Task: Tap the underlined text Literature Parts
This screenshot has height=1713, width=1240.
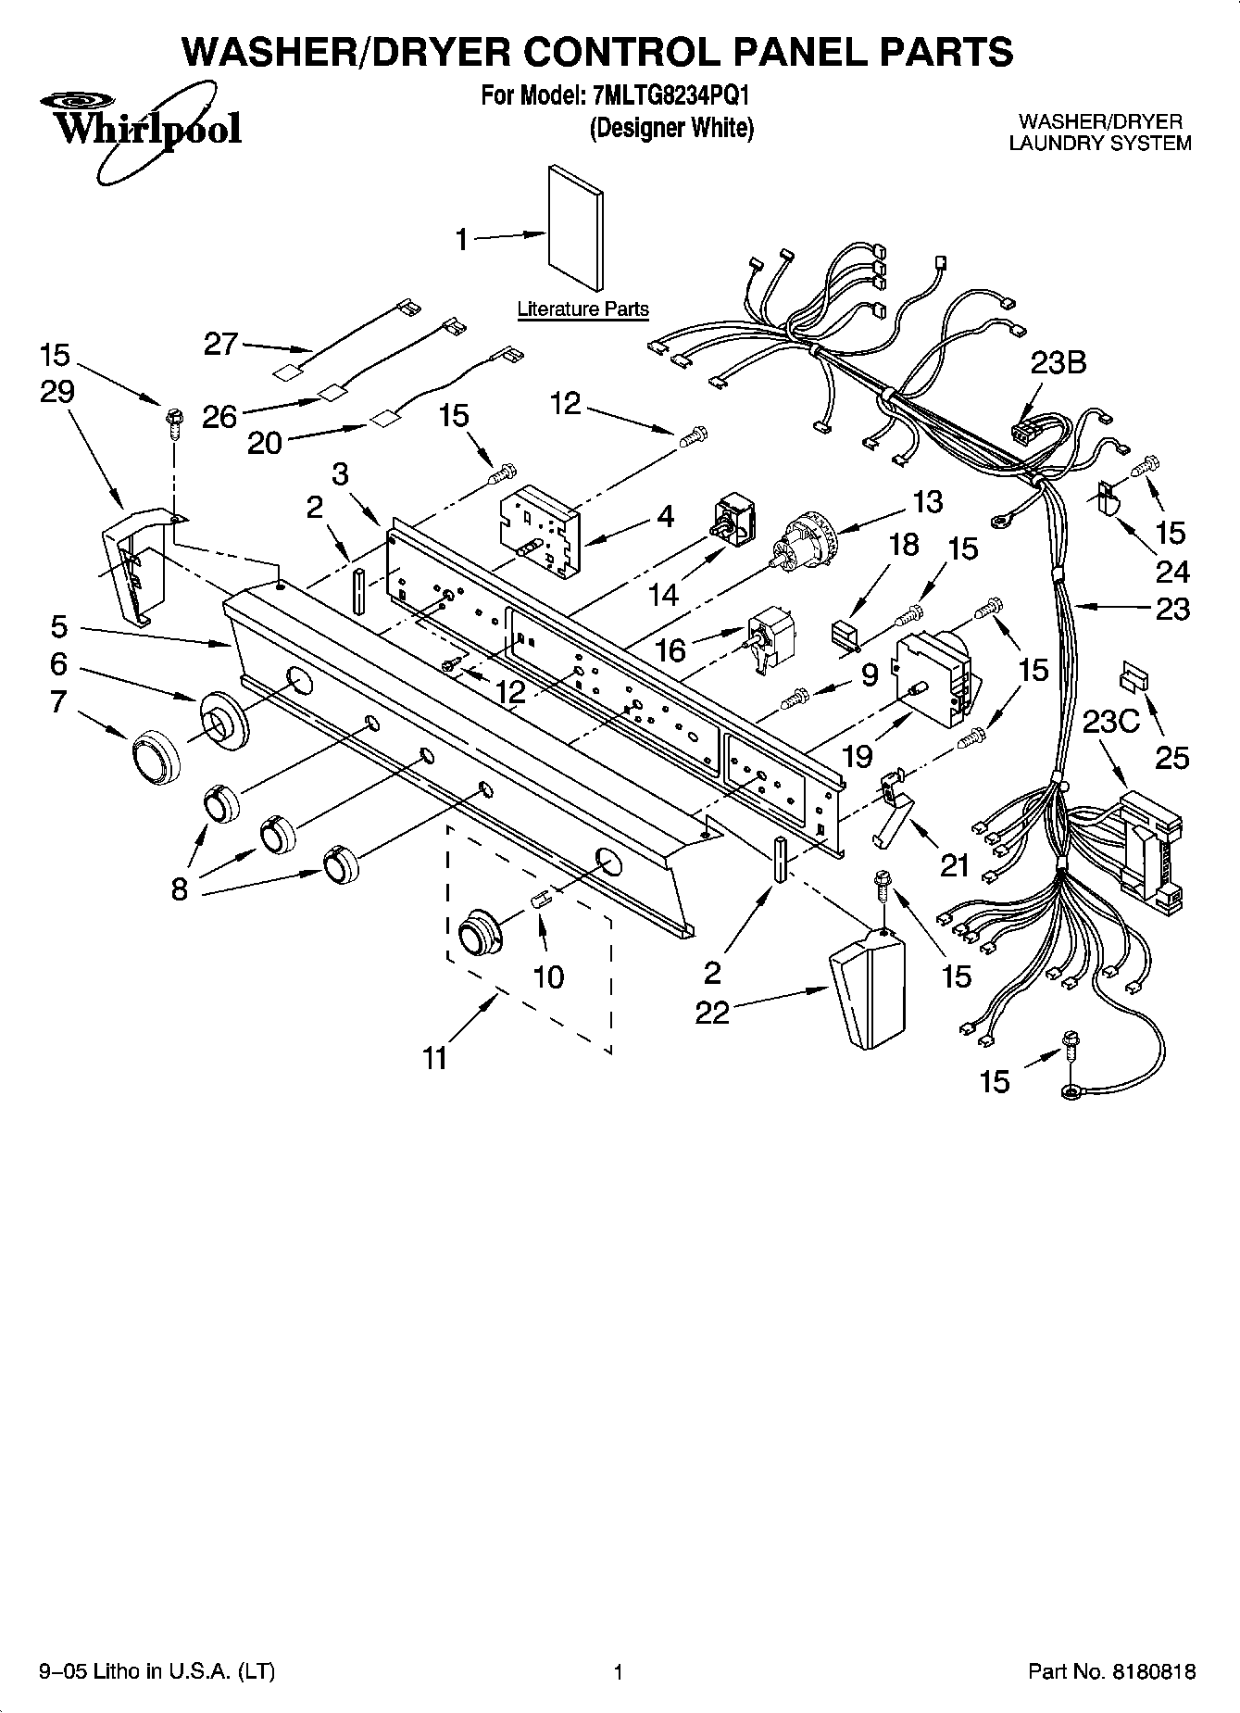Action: pyautogui.click(x=582, y=309)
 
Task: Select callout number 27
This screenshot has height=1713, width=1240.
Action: pyautogui.click(x=221, y=345)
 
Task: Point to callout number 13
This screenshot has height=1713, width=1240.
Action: pyautogui.click(x=927, y=501)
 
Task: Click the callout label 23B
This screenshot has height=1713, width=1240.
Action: pyautogui.click(x=1058, y=363)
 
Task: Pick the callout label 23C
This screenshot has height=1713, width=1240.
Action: pyautogui.click(x=1110, y=721)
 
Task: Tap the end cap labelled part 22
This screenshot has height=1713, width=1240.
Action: pyautogui.click(x=865, y=988)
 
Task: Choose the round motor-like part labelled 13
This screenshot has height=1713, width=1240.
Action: pyautogui.click(x=803, y=542)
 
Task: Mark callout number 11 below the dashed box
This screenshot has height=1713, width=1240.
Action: pyautogui.click(x=434, y=1057)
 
